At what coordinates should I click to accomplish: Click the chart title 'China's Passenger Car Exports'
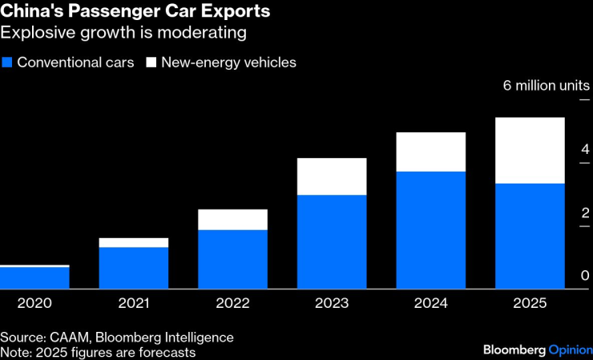pyautogui.click(x=135, y=12)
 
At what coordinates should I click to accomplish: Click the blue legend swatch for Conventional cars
pyautogui.click(x=7, y=63)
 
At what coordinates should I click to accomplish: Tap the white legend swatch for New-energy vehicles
pyautogui.click(x=151, y=63)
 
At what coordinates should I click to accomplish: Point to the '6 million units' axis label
pyautogui.click(x=546, y=85)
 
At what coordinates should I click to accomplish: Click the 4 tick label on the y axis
pyautogui.click(x=585, y=149)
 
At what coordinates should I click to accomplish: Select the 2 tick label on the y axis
pyautogui.click(x=585, y=212)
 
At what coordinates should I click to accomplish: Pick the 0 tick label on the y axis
pyautogui.click(x=585, y=276)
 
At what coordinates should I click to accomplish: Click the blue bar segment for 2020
pyautogui.click(x=34, y=277)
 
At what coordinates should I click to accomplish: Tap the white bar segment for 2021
pyautogui.click(x=134, y=242)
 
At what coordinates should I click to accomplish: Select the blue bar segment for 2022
pyautogui.click(x=232, y=259)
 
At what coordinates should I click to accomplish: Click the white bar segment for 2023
pyautogui.click(x=332, y=176)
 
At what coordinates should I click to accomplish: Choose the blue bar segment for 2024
pyautogui.click(x=431, y=230)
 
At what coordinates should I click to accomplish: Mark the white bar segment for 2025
pyautogui.click(x=530, y=151)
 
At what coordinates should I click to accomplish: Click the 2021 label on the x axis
pyautogui.click(x=134, y=303)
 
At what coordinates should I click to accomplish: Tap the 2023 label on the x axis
pyautogui.click(x=332, y=303)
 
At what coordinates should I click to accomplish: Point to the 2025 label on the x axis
pyautogui.click(x=530, y=303)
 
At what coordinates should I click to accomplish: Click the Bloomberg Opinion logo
pyautogui.click(x=537, y=350)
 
